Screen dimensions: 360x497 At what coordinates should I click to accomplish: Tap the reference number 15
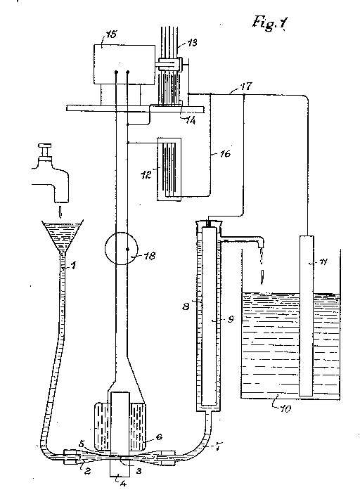pyautogui.click(x=110, y=34)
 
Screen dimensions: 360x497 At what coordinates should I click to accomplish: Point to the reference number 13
pyautogui.click(x=191, y=42)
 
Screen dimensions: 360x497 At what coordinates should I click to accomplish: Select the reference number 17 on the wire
pyautogui.click(x=247, y=86)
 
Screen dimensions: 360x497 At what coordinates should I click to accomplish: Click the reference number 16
pyautogui.click(x=225, y=154)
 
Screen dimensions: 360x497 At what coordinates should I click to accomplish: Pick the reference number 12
pyautogui.click(x=146, y=174)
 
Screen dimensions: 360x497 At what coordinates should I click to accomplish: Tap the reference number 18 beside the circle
pyautogui.click(x=150, y=255)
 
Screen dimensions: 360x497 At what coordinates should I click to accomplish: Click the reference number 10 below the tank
pyautogui.click(x=285, y=409)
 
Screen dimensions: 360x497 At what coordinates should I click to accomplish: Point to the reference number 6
pyautogui.click(x=159, y=437)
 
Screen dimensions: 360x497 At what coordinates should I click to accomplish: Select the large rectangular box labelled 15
pyautogui.click(x=124, y=65)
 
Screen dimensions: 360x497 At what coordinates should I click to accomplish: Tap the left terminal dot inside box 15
pyautogui.click(x=116, y=72)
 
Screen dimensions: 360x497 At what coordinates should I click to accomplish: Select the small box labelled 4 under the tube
pyautogui.click(x=120, y=467)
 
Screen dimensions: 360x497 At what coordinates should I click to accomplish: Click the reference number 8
pyautogui.click(x=186, y=306)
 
